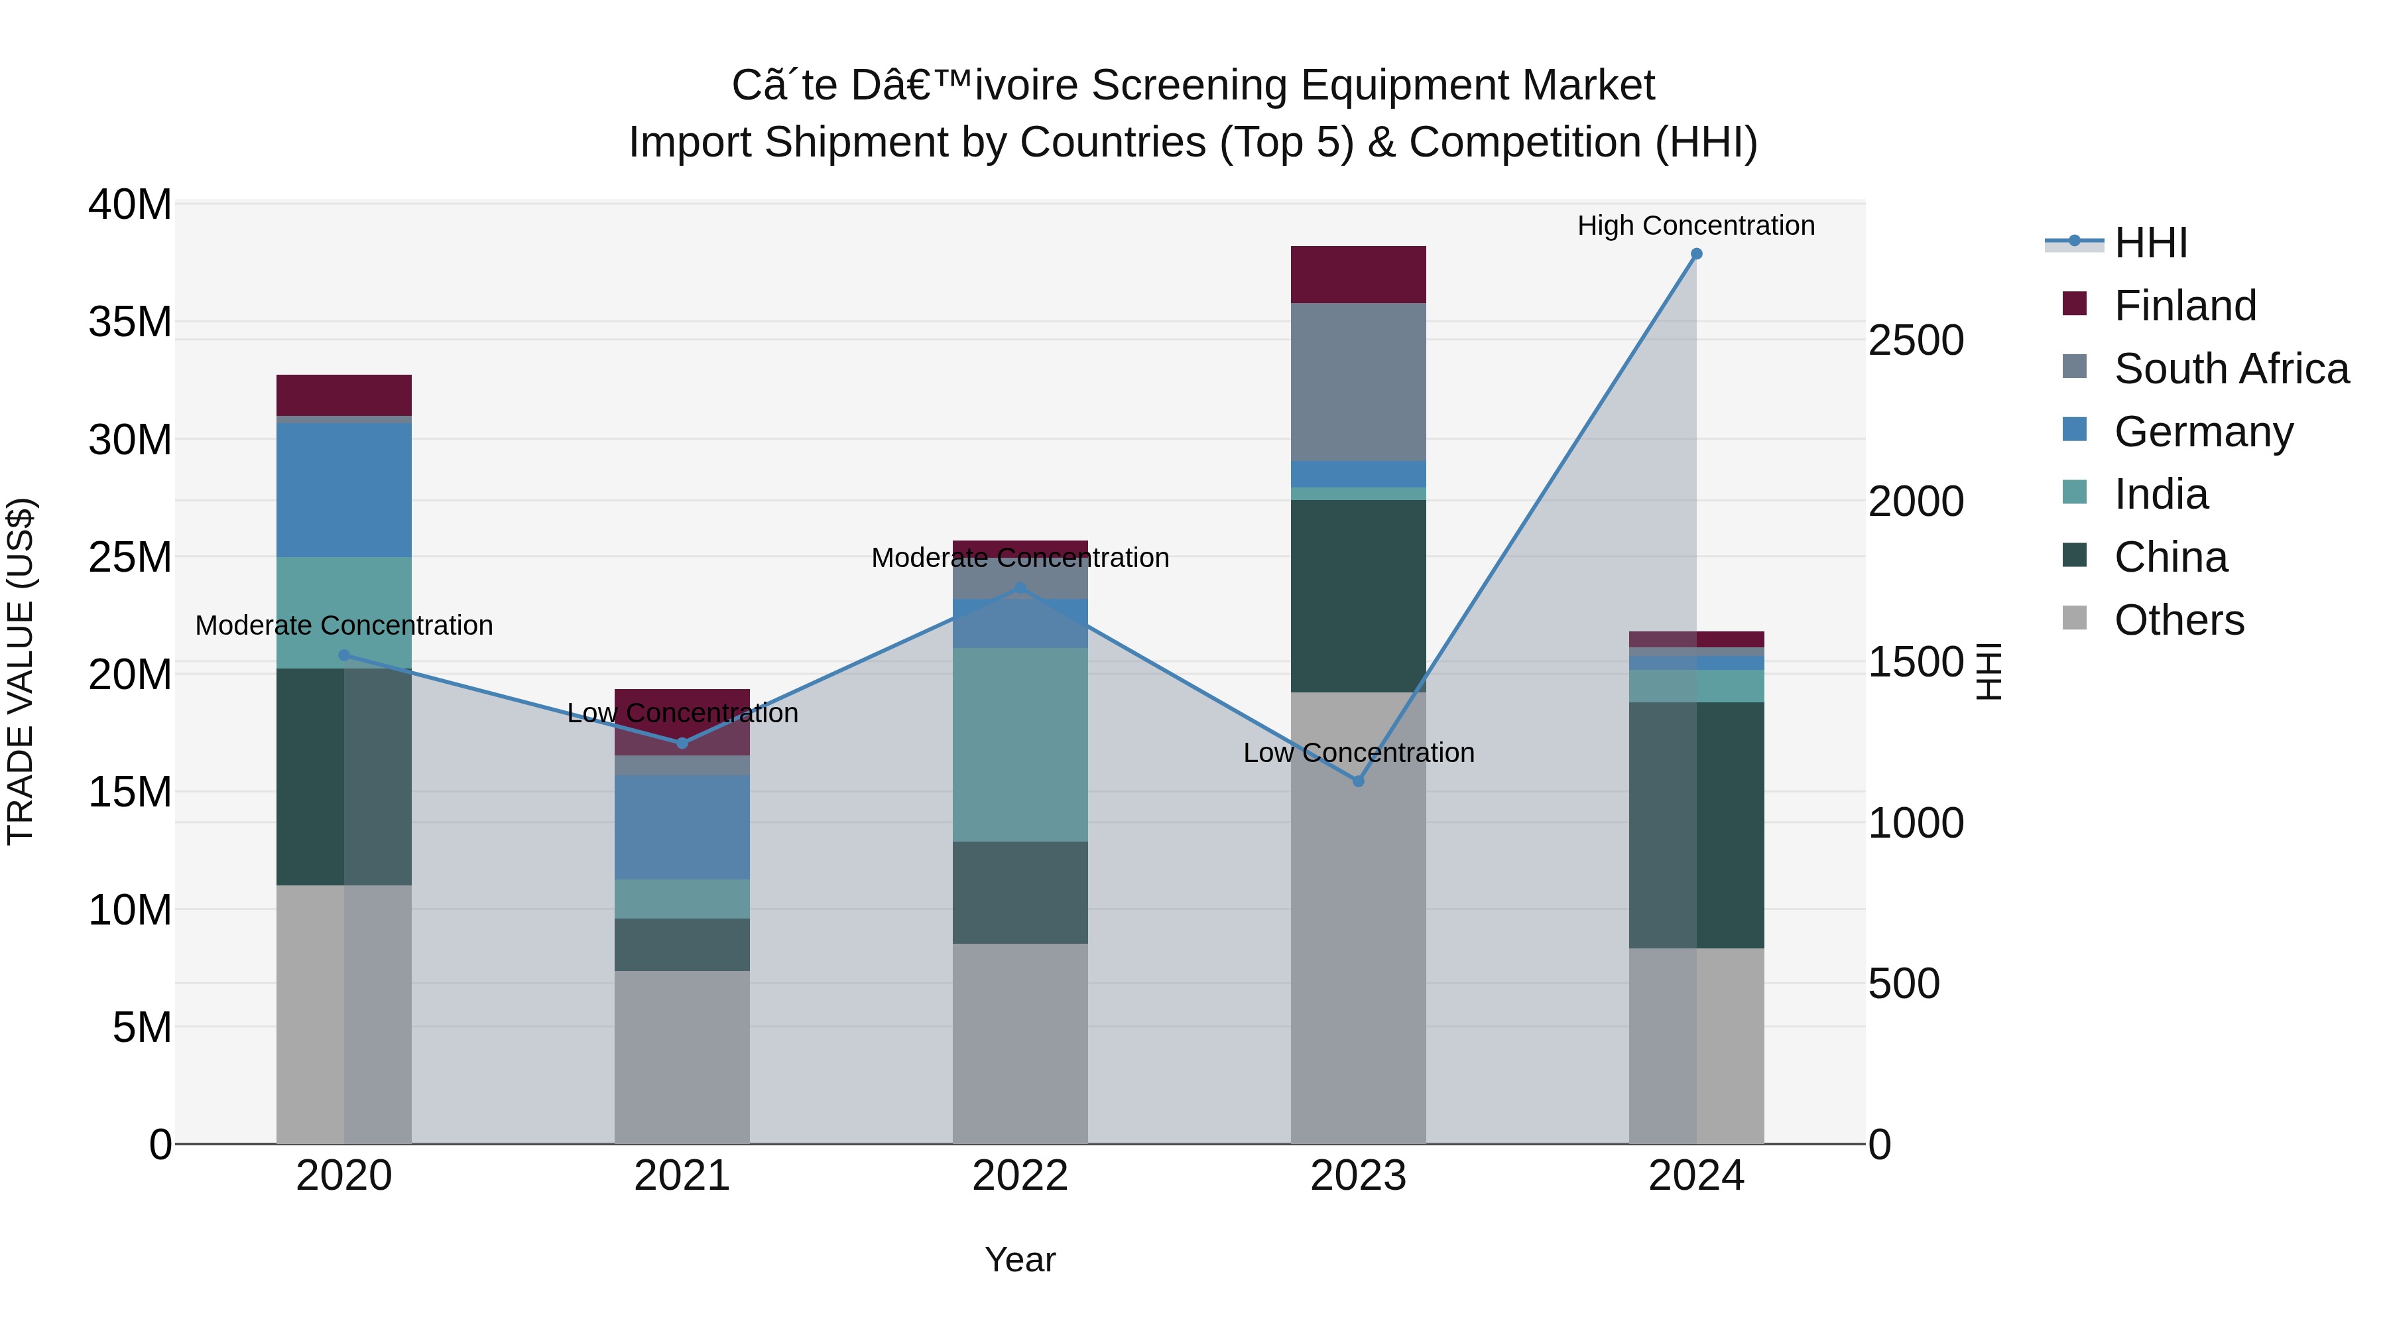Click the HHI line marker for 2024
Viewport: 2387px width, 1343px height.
point(1695,254)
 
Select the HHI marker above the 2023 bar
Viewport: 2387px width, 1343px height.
point(1359,781)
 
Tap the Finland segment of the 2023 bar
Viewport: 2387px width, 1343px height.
point(1359,275)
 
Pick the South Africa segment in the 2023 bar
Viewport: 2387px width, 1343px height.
point(1359,382)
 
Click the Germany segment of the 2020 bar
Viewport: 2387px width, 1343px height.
point(343,489)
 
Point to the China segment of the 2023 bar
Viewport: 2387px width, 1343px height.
point(1359,596)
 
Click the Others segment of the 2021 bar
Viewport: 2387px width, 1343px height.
point(682,1056)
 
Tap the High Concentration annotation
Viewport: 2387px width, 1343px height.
point(1695,225)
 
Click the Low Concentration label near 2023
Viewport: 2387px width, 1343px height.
point(1359,753)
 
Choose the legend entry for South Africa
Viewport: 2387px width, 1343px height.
point(2231,369)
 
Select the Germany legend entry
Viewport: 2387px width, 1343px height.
point(2203,432)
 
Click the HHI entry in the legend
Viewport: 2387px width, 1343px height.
point(2150,243)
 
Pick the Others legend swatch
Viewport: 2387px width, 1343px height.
point(2075,618)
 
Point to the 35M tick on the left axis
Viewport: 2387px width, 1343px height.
point(130,322)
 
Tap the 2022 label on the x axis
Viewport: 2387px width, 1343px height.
point(1020,1176)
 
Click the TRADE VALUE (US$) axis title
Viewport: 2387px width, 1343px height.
point(21,671)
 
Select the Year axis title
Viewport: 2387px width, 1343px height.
point(1020,1259)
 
